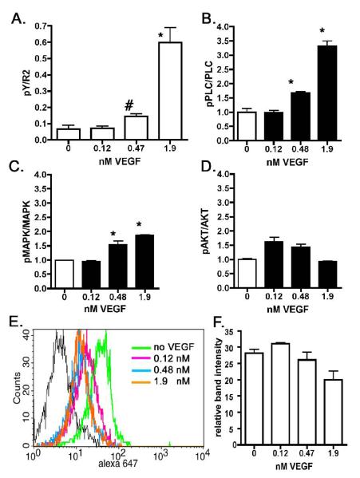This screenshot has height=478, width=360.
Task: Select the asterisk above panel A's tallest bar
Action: click(x=139, y=37)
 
